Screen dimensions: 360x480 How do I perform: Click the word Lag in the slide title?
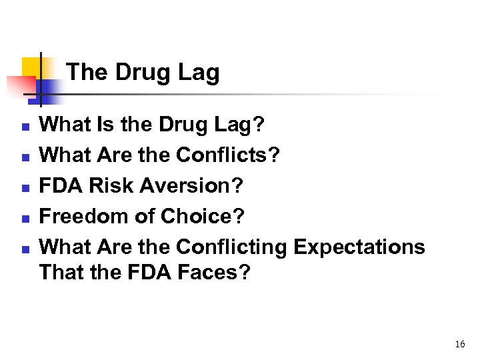pos(198,73)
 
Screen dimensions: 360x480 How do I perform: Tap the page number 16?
pos(459,344)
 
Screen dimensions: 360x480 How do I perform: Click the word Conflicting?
pos(231,247)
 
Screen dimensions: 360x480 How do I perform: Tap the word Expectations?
pos(359,247)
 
